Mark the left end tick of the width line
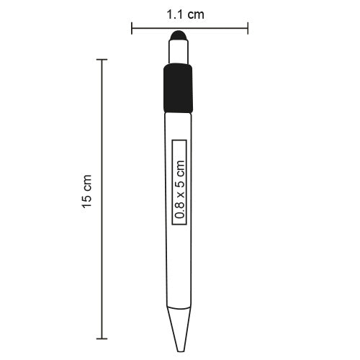point(132,30)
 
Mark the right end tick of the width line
point(248,30)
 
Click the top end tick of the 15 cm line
point(100,59)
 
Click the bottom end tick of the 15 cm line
point(100,338)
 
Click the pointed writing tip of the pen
point(179,331)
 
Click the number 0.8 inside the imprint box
point(180,210)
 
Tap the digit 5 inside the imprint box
point(180,184)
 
